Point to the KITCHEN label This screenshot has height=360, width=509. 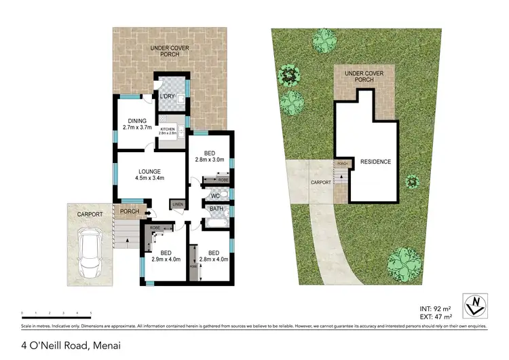pyautogui.click(x=168, y=130)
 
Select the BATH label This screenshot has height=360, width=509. pyautogui.click(x=216, y=209)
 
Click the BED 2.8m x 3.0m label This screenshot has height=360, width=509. pyautogui.click(x=209, y=156)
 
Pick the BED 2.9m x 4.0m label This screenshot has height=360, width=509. pyautogui.click(x=161, y=255)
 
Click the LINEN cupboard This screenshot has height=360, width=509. pyautogui.click(x=178, y=204)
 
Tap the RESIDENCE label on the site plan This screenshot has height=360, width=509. pyautogui.click(x=375, y=162)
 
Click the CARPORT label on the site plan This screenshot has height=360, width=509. pyautogui.click(x=320, y=183)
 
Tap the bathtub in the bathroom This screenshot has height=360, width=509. pyautogui.click(x=216, y=221)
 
